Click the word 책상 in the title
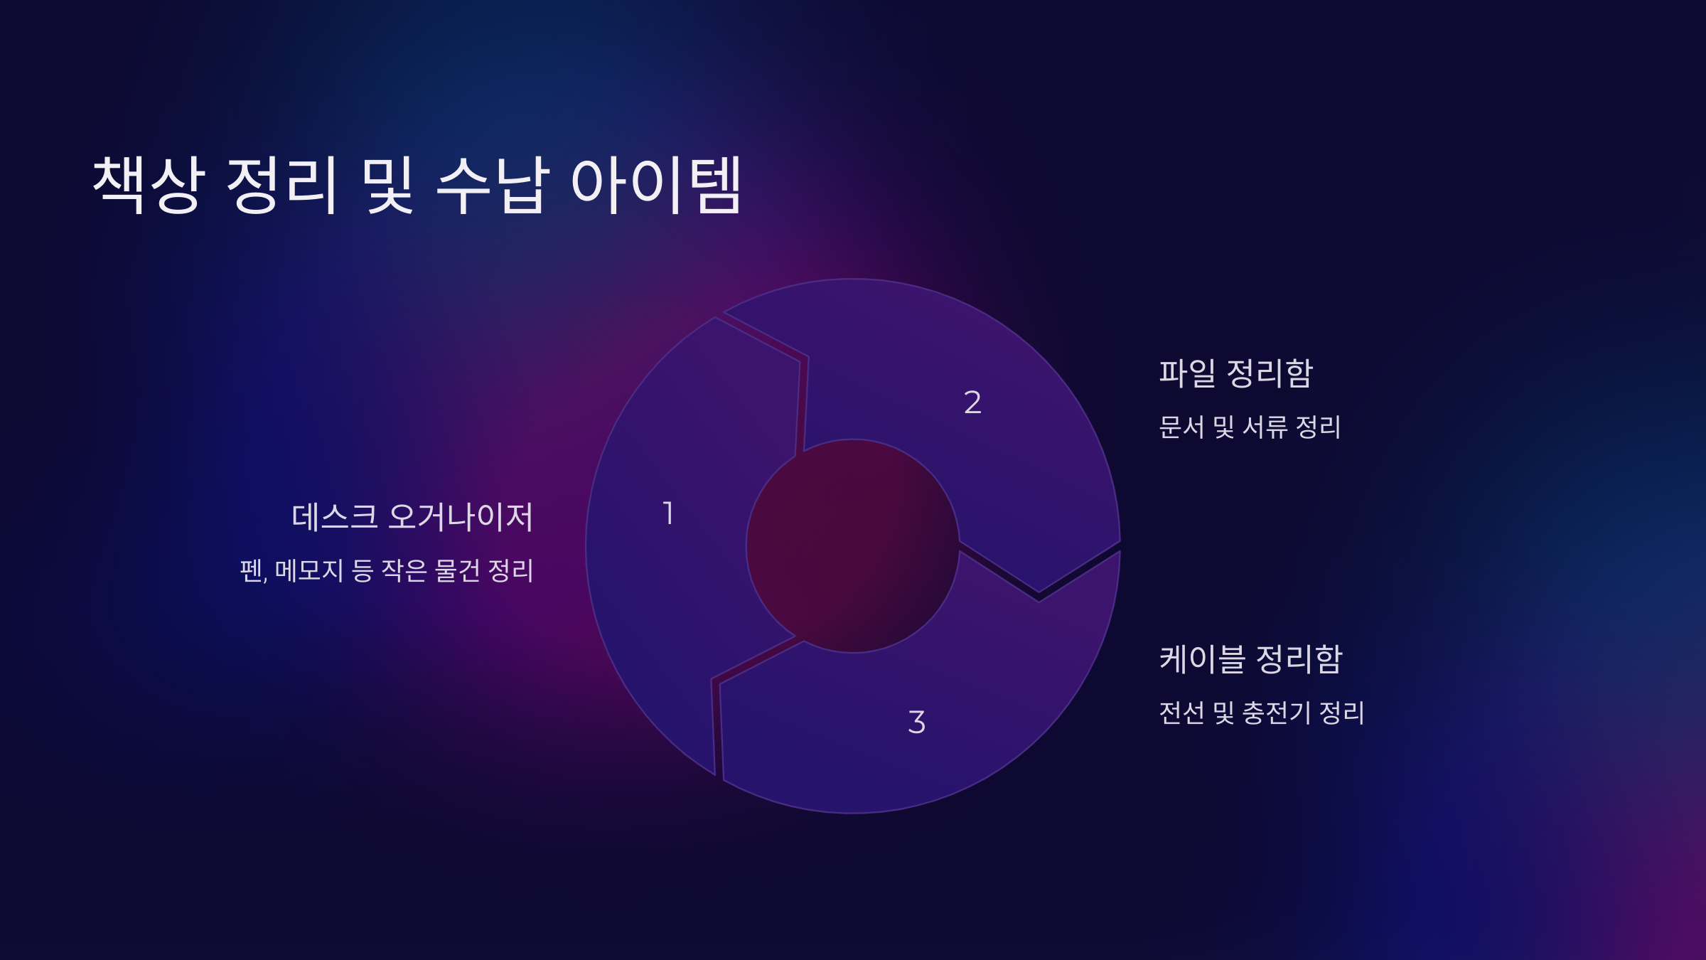click(x=149, y=185)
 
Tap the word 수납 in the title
click(x=492, y=185)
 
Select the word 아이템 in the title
click(x=656, y=185)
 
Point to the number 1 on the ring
click(x=668, y=513)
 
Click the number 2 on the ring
click(x=972, y=402)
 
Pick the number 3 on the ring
click(x=916, y=722)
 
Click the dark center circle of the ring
click(x=853, y=546)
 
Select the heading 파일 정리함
click(x=1235, y=373)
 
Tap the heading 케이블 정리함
click(x=1250, y=659)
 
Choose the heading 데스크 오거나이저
click(x=412, y=517)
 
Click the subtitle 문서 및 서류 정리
click(x=1249, y=427)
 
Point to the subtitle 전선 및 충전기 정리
click(x=1261, y=713)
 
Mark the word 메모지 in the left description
click(x=309, y=571)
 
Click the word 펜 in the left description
click(x=252, y=571)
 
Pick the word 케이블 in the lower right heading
click(x=1202, y=659)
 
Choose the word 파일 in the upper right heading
click(x=1187, y=373)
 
